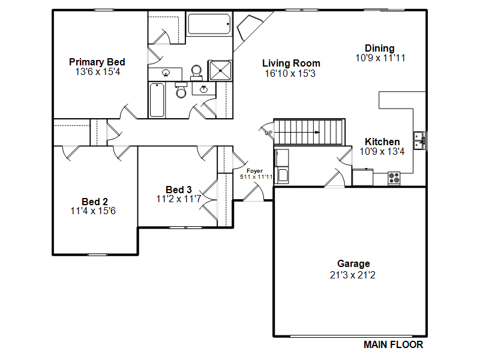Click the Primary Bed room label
97,62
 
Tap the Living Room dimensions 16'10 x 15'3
290,73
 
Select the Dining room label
380,48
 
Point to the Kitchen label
382,142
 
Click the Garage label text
353,263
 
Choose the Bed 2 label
95,202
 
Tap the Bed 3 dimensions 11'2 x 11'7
179,199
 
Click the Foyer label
254,171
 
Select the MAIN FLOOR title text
394,344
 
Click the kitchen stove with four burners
394,178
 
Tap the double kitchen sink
419,140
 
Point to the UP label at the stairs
268,133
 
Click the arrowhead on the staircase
317,132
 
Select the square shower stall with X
220,70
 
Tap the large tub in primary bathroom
209,24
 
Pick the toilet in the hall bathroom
181,89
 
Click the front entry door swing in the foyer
254,191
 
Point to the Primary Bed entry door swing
128,112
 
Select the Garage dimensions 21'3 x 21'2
353,275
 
